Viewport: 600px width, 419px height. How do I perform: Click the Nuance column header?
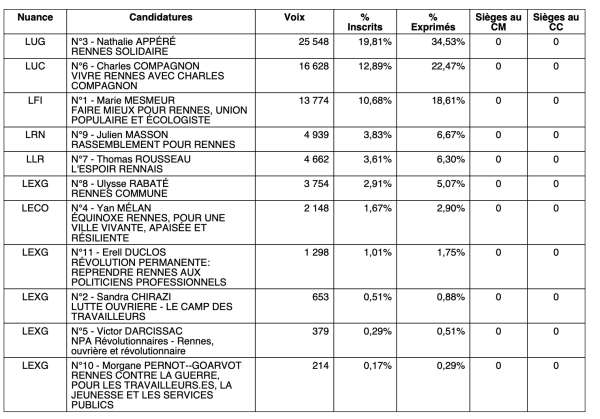click(x=34, y=18)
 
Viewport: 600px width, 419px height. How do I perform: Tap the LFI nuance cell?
click(x=34, y=101)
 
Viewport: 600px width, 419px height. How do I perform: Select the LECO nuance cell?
click(x=34, y=207)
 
